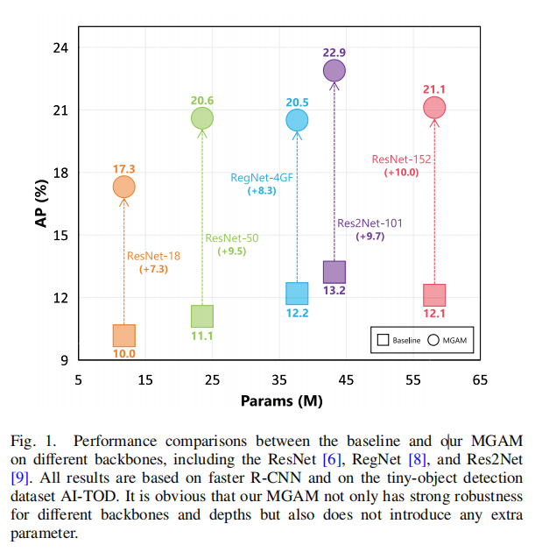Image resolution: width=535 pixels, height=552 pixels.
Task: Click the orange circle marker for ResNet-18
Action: pyautogui.click(x=123, y=187)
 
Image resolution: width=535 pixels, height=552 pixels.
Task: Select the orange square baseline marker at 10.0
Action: pyautogui.click(x=124, y=336)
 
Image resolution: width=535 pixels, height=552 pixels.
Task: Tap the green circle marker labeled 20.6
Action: pyautogui.click(x=202, y=118)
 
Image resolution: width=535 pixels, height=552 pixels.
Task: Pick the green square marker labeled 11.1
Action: pyautogui.click(x=202, y=316)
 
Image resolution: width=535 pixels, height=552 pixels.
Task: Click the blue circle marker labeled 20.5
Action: pyautogui.click(x=297, y=120)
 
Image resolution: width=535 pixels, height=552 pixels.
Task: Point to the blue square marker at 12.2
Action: pyautogui.click(x=297, y=294)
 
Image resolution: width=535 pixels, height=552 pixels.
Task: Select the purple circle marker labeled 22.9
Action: pyautogui.click(x=334, y=70)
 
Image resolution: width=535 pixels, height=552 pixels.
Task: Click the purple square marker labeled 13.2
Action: pyautogui.click(x=334, y=272)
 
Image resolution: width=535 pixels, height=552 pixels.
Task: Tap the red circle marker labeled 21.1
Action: pyautogui.click(x=434, y=108)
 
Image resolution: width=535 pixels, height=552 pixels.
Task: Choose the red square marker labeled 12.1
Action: pyautogui.click(x=434, y=294)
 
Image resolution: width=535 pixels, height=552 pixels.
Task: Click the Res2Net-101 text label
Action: pyautogui.click(x=370, y=223)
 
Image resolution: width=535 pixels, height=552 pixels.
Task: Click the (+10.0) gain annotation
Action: pyautogui.click(x=402, y=173)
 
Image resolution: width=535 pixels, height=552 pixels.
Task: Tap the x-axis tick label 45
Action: pyautogui.click(x=346, y=379)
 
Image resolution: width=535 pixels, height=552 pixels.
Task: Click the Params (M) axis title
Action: pyautogui.click(x=278, y=401)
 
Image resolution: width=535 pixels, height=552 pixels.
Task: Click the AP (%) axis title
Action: pyautogui.click(x=40, y=203)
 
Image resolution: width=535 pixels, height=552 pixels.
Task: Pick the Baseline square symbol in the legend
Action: pyautogui.click(x=383, y=339)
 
